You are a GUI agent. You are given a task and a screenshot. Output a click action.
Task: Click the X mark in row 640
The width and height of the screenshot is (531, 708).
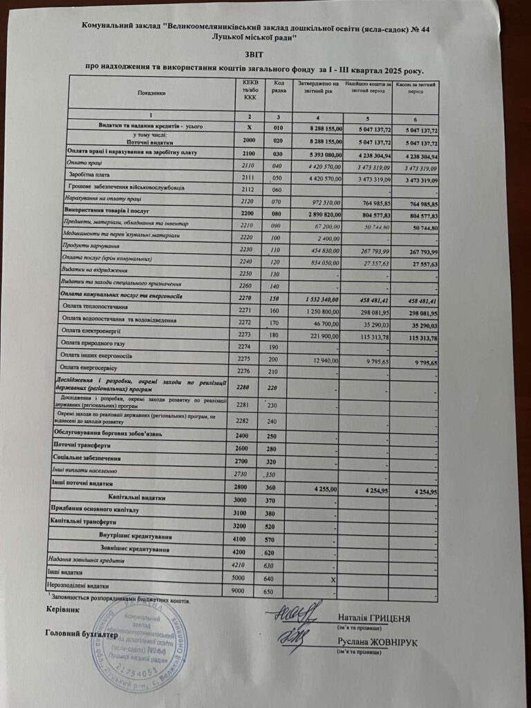click(333, 579)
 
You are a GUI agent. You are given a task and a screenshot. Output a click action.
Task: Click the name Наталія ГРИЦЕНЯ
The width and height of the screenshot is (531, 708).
click(374, 617)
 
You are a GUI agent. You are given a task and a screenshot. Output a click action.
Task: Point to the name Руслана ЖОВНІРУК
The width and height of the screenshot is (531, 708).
click(378, 642)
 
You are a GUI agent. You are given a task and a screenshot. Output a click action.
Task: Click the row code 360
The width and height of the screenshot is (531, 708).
click(272, 487)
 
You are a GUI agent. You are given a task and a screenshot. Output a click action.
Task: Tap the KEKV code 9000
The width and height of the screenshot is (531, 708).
click(239, 591)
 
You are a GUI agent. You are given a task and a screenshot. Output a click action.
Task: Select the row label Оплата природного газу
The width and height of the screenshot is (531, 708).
click(91, 343)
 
